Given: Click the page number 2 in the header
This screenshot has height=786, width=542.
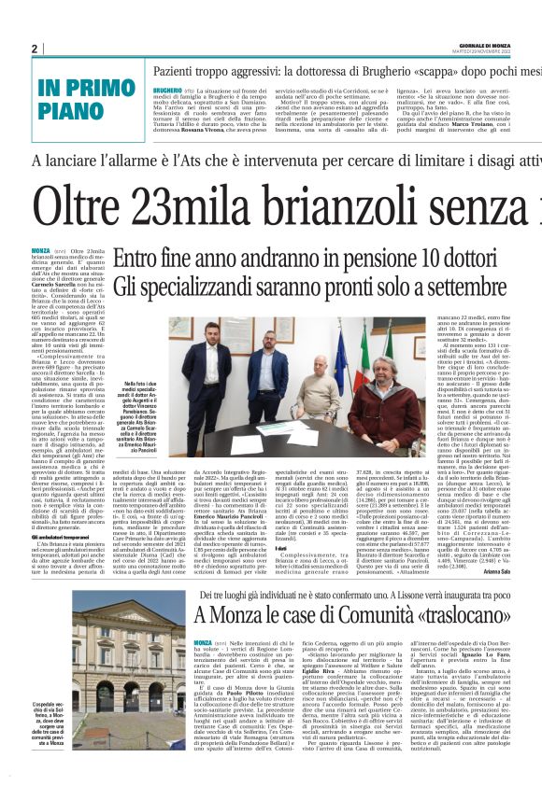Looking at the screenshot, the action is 35,49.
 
